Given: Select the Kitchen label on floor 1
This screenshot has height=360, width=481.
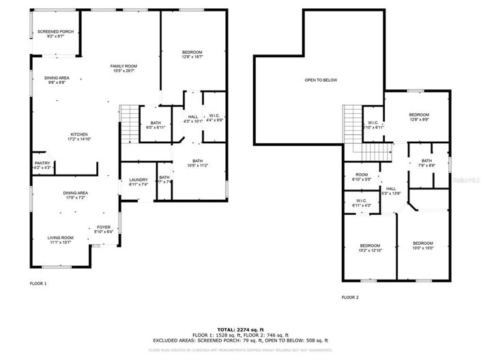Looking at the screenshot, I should tap(81, 137).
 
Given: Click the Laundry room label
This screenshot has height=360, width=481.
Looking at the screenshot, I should tap(139, 182).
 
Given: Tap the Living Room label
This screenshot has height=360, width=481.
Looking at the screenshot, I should tap(60, 240).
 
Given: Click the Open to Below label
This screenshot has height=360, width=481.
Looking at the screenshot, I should tap(321, 80).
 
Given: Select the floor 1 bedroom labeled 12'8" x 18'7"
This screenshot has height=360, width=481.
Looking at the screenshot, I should tap(192, 55).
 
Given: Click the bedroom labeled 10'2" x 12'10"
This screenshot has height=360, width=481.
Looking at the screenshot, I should tap(370, 248).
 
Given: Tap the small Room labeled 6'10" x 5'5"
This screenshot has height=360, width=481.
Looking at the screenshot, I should tap(361, 177).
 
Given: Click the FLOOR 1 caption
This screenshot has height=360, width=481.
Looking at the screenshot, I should tap(38, 282).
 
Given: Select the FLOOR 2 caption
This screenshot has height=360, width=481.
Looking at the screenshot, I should tap(350, 297).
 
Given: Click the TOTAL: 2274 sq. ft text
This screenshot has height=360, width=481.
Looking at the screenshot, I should tap(240, 329).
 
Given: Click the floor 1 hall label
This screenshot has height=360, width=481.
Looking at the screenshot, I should tap(193, 119).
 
